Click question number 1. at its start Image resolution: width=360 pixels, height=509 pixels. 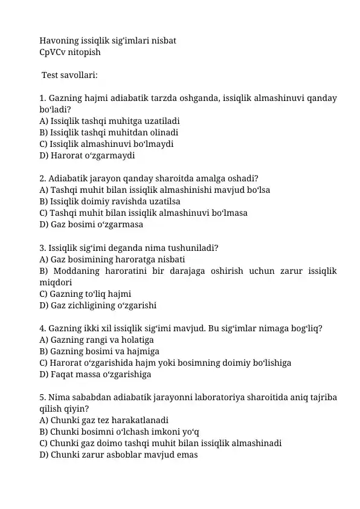[42, 98]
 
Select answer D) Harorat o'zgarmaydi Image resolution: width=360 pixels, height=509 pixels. [87, 155]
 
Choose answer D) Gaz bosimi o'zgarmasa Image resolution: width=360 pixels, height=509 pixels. [91, 224]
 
